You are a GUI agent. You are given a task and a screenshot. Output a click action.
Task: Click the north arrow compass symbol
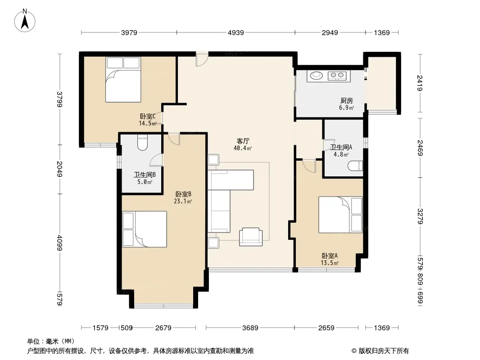coord(24,21)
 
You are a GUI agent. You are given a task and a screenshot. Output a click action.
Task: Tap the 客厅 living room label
coord(243,141)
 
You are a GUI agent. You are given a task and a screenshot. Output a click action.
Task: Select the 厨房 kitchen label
coord(347,101)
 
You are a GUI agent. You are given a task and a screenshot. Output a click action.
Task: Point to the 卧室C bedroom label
coord(148,116)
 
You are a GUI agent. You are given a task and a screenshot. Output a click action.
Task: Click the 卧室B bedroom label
coord(183,194)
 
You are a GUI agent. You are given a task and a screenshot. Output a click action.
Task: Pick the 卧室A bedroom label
coord(330,256)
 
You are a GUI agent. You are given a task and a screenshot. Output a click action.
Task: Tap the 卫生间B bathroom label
coord(145,175)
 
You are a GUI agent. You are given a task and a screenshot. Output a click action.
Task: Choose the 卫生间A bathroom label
coord(341,147)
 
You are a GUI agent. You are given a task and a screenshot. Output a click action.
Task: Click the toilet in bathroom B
coord(142,142)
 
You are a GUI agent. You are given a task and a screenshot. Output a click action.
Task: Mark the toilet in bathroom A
coord(355,166)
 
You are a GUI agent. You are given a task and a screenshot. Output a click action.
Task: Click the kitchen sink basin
coord(317,75)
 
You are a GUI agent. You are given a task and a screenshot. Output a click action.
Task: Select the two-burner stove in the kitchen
coord(337,75)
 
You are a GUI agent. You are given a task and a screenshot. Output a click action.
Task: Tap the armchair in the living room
coord(251,236)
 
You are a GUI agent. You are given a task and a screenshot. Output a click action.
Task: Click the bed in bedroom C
coord(123,80)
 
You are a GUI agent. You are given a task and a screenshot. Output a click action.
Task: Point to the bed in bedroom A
coord(340,214)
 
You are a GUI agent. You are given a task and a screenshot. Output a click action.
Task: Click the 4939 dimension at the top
coord(235,32)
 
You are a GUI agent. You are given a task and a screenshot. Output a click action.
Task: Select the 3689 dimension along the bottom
coord(250,328)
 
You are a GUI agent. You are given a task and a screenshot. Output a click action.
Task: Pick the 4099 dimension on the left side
coord(60,243)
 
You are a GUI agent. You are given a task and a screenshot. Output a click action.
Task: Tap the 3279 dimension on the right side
coord(420,216)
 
